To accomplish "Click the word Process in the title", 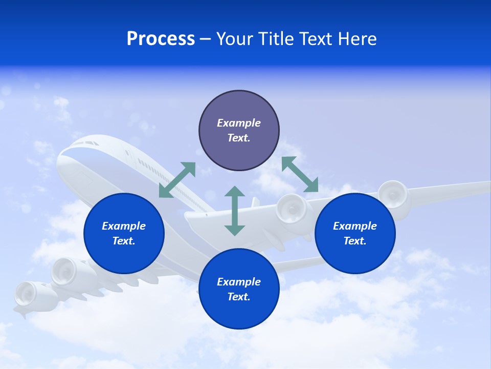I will click(x=161, y=39).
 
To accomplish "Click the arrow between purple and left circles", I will click(x=177, y=180).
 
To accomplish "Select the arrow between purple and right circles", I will click(x=300, y=174).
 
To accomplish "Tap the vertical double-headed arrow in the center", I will click(x=235, y=211).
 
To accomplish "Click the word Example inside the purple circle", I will click(x=239, y=123).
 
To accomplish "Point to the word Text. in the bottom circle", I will click(x=239, y=297).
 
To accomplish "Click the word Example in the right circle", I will click(x=355, y=226).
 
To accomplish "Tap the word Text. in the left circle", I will click(x=124, y=241).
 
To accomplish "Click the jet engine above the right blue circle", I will click(x=393, y=194).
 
